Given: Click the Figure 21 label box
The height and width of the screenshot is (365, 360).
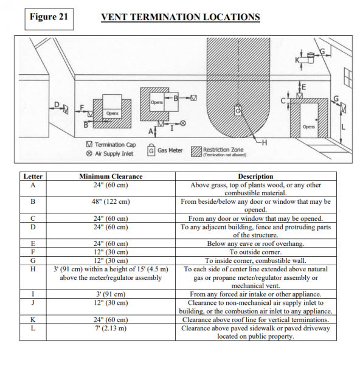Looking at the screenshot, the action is [x=49, y=19].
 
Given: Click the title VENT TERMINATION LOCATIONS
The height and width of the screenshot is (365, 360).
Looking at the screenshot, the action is [x=181, y=17].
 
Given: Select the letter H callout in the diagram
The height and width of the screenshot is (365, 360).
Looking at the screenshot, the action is [x=265, y=142].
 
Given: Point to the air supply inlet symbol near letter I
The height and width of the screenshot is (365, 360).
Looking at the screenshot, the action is [x=183, y=123].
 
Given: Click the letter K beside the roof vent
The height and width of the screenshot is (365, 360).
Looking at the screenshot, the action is [x=297, y=60].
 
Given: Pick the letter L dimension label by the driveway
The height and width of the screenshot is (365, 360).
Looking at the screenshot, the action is [x=344, y=127].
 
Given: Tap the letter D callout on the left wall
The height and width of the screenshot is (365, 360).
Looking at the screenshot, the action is [x=57, y=105].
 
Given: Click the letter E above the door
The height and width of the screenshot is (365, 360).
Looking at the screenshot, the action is [x=303, y=87].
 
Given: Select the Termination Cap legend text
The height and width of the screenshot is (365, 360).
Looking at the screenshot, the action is [x=115, y=145].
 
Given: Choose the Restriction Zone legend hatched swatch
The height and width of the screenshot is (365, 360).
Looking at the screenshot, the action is [x=196, y=151].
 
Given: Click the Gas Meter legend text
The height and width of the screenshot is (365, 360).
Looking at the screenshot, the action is [x=170, y=150].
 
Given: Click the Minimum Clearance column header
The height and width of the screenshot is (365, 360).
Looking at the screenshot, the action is [x=111, y=176].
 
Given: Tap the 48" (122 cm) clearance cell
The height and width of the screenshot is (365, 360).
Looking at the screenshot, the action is [x=111, y=201].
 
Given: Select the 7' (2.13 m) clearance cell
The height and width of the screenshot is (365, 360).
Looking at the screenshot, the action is [x=111, y=328].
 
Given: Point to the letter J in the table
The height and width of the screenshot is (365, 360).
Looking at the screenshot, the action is [x=33, y=302].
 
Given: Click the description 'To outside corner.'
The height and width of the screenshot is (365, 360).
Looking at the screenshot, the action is [x=255, y=252].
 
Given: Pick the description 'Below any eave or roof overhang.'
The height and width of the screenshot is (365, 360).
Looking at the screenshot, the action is [x=255, y=243].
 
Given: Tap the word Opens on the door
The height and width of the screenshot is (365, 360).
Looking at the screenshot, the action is [x=309, y=127].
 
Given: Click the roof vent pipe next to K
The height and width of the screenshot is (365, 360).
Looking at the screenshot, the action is [x=311, y=58].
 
